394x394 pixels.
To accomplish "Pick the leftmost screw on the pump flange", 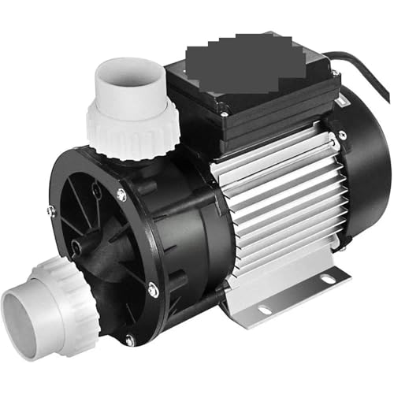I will point(51,210).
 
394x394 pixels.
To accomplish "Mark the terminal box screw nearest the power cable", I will point(334,74).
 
